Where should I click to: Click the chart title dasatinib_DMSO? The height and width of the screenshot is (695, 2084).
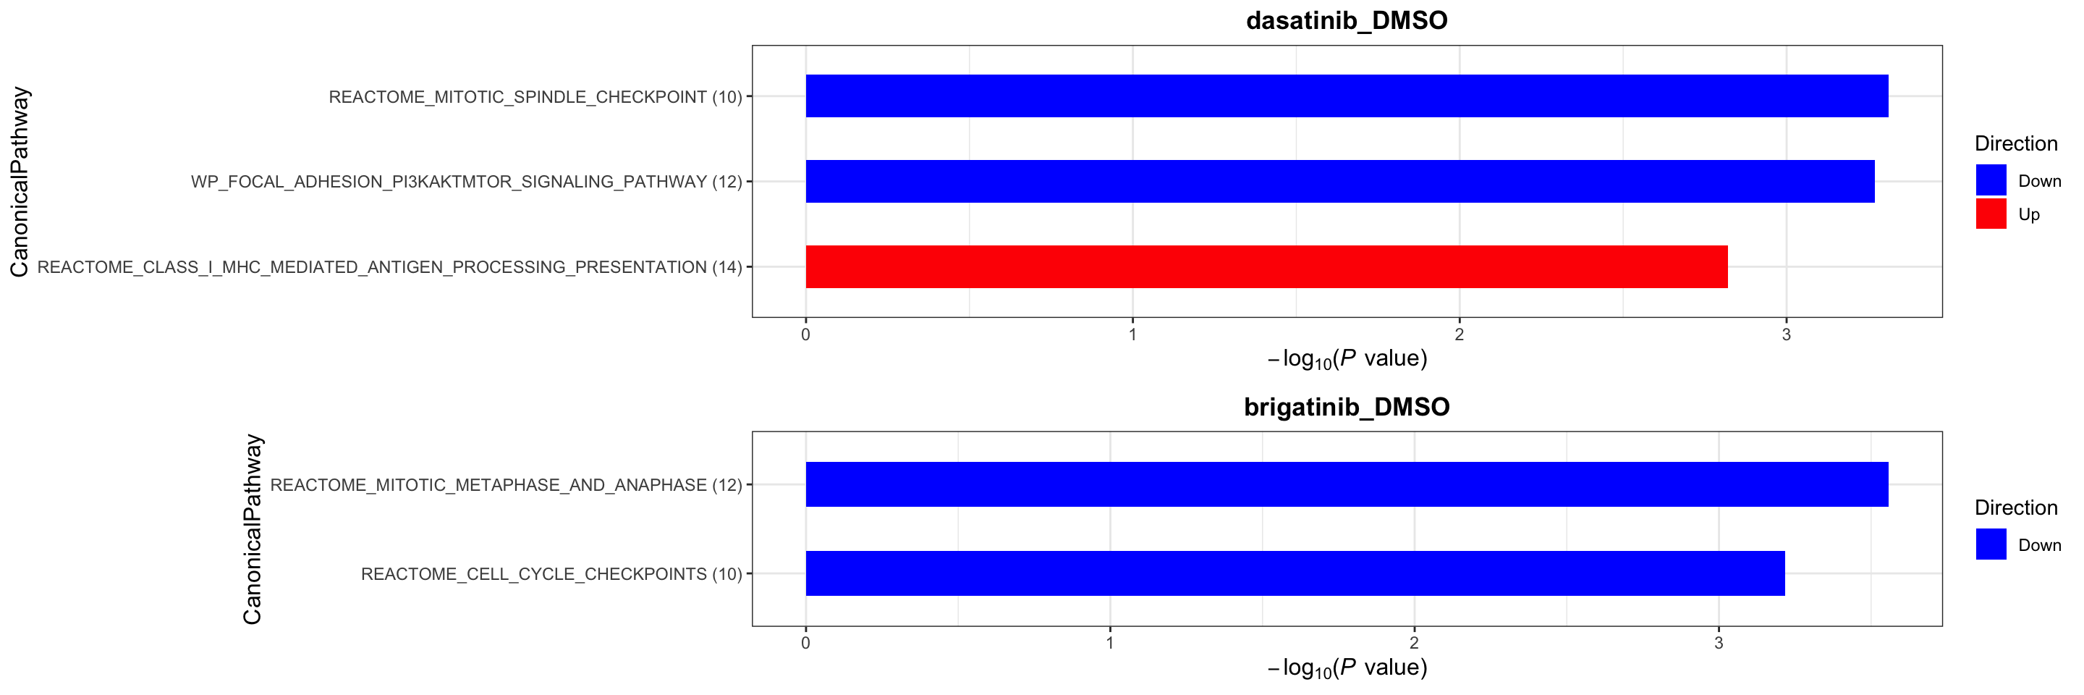pyautogui.click(x=1346, y=20)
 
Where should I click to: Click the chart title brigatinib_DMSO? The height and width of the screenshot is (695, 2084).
pyautogui.click(x=1346, y=406)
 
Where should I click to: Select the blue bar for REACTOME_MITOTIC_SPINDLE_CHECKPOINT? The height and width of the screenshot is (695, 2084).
pyautogui.click(x=1346, y=96)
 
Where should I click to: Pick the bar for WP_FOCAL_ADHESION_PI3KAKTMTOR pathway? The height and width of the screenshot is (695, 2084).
pyautogui.click(x=1339, y=181)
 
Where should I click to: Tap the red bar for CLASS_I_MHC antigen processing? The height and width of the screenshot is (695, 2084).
pyautogui.click(x=1266, y=266)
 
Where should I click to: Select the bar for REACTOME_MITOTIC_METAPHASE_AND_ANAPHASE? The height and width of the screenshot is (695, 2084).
pyautogui.click(x=1346, y=484)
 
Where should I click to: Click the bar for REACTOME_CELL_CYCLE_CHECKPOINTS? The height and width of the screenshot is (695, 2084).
pyautogui.click(x=1295, y=573)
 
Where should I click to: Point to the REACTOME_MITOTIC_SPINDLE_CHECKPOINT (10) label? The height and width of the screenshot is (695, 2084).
pyautogui.click(x=535, y=97)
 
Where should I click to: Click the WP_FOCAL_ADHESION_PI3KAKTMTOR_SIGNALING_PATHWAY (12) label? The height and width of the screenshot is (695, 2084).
pyautogui.click(x=466, y=182)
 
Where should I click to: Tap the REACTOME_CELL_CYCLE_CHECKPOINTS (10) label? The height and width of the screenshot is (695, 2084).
pyautogui.click(x=551, y=573)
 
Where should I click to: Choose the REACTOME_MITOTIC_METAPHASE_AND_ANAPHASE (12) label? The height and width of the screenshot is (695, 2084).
pyautogui.click(x=506, y=484)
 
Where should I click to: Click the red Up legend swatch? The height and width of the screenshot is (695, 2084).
pyautogui.click(x=1990, y=214)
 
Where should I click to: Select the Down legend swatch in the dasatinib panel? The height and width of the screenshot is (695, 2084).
pyautogui.click(x=1990, y=180)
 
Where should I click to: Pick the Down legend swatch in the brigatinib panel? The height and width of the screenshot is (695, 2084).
pyautogui.click(x=1990, y=544)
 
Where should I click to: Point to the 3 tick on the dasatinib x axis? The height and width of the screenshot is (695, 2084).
pyautogui.click(x=1785, y=334)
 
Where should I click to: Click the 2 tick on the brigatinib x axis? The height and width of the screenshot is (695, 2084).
pyautogui.click(x=1413, y=643)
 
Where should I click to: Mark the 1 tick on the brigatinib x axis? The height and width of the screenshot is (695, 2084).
pyautogui.click(x=1109, y=643)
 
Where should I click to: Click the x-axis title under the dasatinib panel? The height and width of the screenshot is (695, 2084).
pyautogui.click(x=1346, y=358)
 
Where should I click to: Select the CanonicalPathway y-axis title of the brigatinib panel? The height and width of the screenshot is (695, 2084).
pyautogui.click(x=253, y=528)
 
